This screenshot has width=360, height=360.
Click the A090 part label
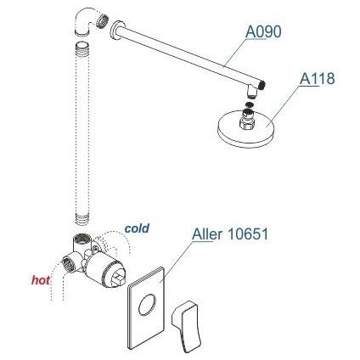(x=263, y=31)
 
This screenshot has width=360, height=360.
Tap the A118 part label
(x=318, y=78)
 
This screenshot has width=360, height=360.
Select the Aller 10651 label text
(x=230, y=234)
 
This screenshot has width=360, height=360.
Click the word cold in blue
(x=137, y=228)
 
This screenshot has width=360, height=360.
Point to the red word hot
(x=41, y=280)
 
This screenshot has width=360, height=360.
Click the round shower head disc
(x=245, y=130)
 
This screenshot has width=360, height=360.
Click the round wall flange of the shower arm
(x=116, y=31)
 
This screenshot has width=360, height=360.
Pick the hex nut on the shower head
(x=247, y=123)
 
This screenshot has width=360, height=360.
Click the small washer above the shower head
(x=249, y=104)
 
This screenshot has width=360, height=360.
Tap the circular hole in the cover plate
(x=147, y=305)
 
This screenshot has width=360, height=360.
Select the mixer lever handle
(x=187, y=325)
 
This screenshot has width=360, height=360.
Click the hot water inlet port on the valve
(x=68, y=264)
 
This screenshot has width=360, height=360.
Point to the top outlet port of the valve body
(x=82, y=239)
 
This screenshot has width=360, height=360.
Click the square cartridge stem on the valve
(x=118, y=278)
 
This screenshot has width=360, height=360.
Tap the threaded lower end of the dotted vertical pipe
(x=82, y=220)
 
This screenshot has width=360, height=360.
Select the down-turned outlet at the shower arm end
(x=251, y=91)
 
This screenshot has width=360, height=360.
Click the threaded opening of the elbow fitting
(x=102, y=21)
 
